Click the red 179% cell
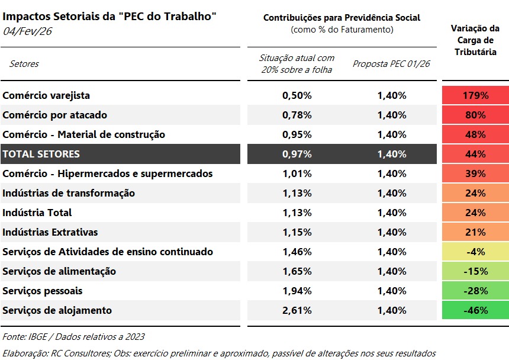475,95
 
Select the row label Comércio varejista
46,95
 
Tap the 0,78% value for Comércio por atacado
297,115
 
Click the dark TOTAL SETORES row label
41,154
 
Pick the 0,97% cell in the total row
297,154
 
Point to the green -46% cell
475,310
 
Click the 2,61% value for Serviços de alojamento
297,310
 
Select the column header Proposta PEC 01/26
391,63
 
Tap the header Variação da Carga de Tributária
475,40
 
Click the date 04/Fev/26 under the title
28,31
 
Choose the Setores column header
24,63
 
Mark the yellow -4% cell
475,252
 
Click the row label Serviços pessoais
43,291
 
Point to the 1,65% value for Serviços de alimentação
297,271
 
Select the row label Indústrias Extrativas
50,232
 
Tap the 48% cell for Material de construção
475,134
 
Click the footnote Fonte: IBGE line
74,336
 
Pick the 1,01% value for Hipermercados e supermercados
297,173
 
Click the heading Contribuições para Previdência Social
342,18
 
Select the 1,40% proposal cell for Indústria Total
391,213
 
